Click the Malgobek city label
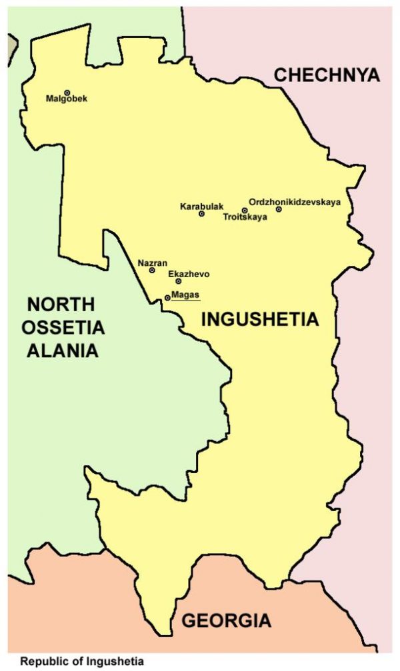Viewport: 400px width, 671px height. pos(66,99)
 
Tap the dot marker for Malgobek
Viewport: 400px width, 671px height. pos(67,93)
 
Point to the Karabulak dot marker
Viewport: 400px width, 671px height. pos(201,214)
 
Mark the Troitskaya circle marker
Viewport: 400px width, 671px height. pos(245,211)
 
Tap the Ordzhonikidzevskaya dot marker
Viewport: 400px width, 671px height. pos(279,209)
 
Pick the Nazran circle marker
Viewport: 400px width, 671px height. pos(152,271)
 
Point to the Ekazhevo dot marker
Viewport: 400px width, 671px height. pos(179,281)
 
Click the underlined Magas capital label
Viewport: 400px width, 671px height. pos(185,295)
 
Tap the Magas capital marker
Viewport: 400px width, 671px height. pos(167,298)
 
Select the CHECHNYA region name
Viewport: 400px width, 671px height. pos(327,75)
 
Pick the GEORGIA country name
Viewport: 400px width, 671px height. pos(227,621)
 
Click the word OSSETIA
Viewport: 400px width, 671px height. pos(61,328)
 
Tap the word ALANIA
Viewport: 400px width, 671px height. pos(61,350)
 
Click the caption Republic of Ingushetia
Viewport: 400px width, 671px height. pos(81,662)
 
